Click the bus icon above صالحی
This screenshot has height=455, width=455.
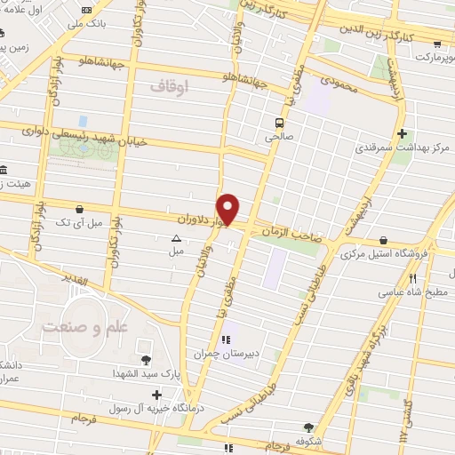tap(279, 124)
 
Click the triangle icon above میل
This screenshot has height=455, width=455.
tap(176, 238)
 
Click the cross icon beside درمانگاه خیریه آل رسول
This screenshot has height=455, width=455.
tap(157, 395)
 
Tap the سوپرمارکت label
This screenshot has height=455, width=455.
tap(426, 57)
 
